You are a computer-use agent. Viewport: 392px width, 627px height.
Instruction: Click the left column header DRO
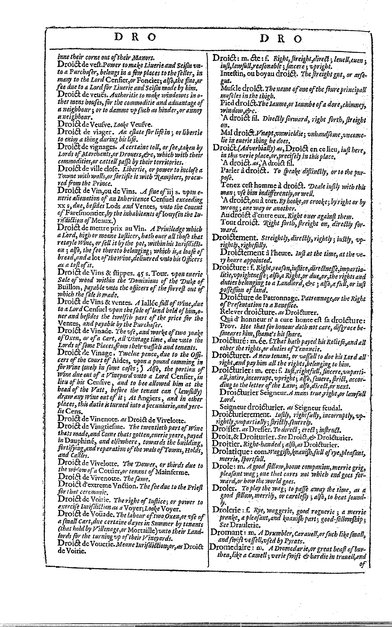tap(135, 38)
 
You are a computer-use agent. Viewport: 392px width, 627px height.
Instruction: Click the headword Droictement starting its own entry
tap(234, 238)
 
